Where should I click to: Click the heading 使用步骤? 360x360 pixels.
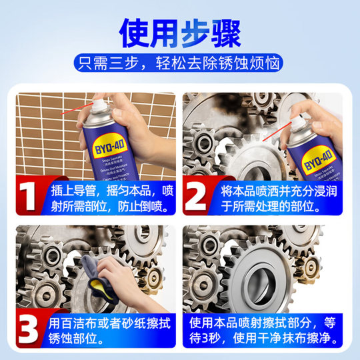click(x=179, y=33)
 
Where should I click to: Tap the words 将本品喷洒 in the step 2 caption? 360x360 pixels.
click(x=253, y=189)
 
